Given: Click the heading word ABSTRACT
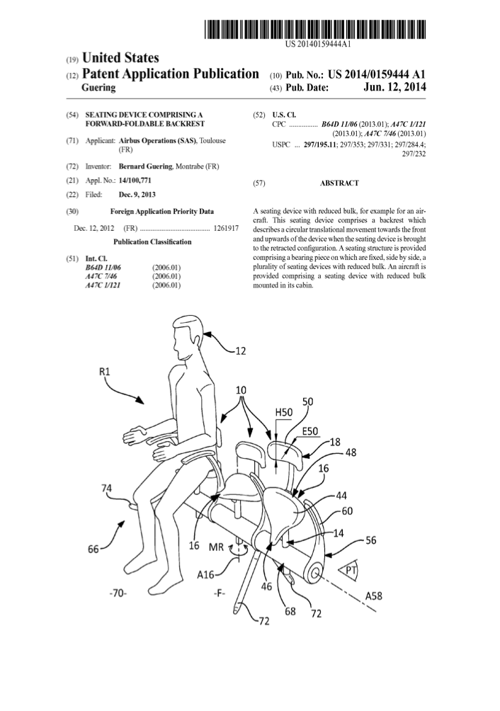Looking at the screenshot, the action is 339,183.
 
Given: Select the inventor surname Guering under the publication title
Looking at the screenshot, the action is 98,88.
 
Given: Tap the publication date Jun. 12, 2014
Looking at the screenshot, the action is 394,86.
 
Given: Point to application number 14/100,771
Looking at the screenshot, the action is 135,180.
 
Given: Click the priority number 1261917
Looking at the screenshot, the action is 226,228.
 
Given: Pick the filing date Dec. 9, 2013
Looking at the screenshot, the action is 137,195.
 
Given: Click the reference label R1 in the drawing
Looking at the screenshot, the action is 104,371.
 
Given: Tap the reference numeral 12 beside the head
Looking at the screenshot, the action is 240,351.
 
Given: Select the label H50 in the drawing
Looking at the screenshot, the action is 284,411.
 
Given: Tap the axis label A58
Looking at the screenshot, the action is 373,595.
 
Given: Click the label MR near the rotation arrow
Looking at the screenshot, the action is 216,547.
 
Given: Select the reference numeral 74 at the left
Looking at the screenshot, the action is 106,489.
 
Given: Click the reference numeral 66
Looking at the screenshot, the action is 93,549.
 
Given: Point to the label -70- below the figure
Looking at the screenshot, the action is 117,593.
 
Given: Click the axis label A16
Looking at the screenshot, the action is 205,574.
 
